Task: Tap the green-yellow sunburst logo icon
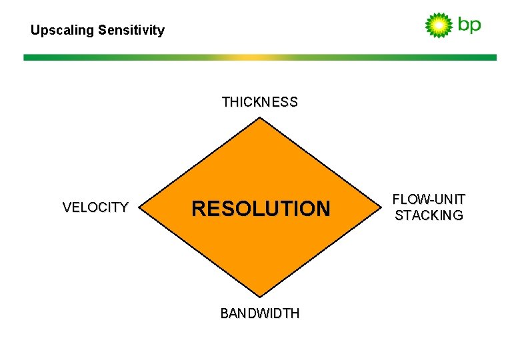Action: [439, 25]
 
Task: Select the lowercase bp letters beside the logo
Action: [469, 26]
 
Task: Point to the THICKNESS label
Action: [260, 102]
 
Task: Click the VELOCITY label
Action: [95, 207]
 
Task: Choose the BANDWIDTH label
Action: [260, 313]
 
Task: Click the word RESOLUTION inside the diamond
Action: [261, 209]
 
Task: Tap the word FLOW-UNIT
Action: [429, 199]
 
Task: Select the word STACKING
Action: [429, 215]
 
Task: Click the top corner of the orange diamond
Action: [260, 119]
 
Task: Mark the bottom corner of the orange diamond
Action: [260, 296]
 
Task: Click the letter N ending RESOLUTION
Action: [323, 209]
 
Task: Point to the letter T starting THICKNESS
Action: [225, 102]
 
